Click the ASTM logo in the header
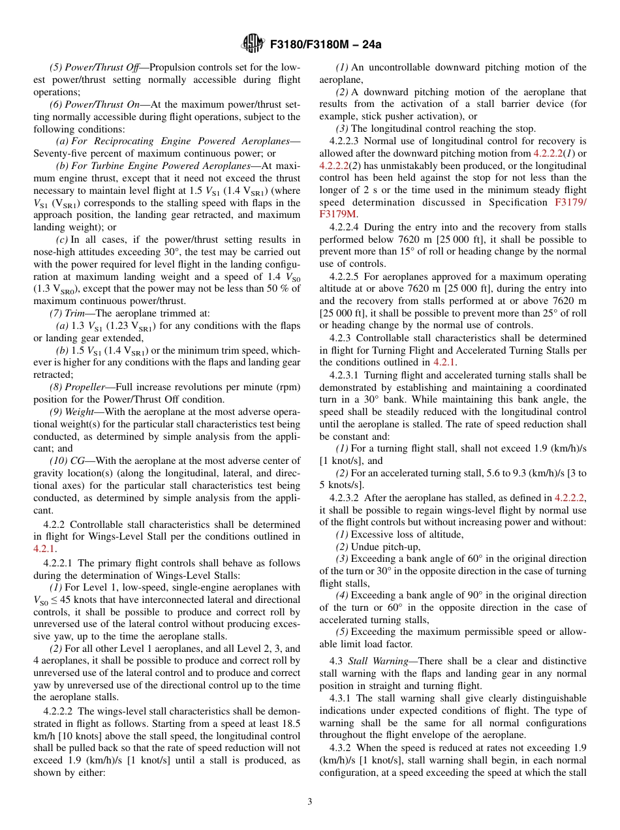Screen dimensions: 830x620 [251, 44]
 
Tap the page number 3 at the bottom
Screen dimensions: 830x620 [310, 801]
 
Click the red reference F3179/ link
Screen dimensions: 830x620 [570, 202]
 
